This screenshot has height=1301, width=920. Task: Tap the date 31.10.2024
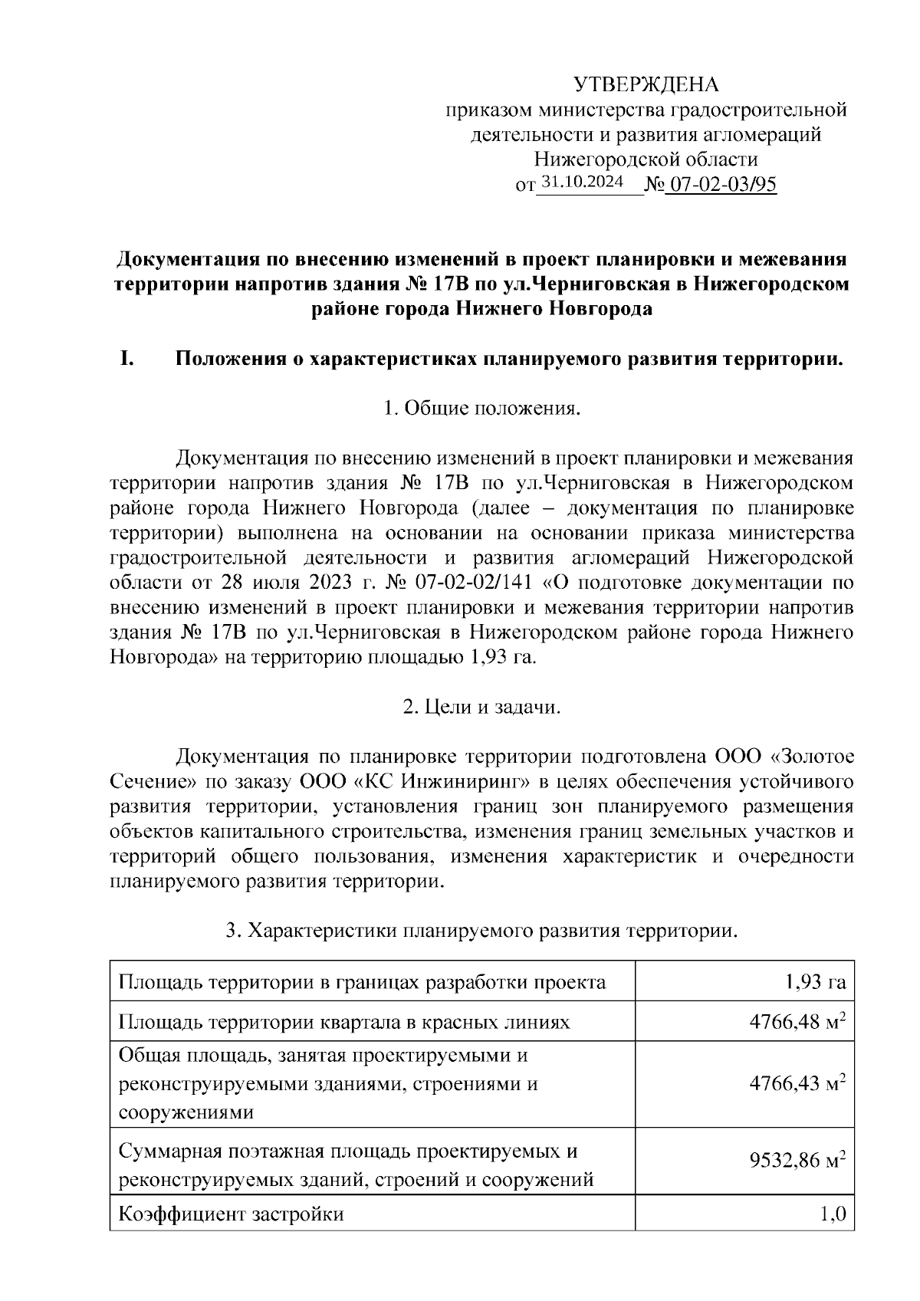pyautogui.click(x=582, y=182)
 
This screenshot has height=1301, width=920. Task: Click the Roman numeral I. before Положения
pyautogui.click(x=127, y=359)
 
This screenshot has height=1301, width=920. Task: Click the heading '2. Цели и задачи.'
pyautogui.click(x=481, y=706)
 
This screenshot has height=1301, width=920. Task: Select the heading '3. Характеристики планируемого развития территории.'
pyautogui.click(x=481, y=931)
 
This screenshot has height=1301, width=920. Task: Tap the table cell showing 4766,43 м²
pyautogui.click(x=797, y=1083)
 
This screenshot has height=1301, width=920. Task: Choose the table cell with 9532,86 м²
pyautogui.click(x=797, y=1161)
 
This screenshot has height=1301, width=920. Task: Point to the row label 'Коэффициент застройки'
pyautogui.click(x=231, y=1214)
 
